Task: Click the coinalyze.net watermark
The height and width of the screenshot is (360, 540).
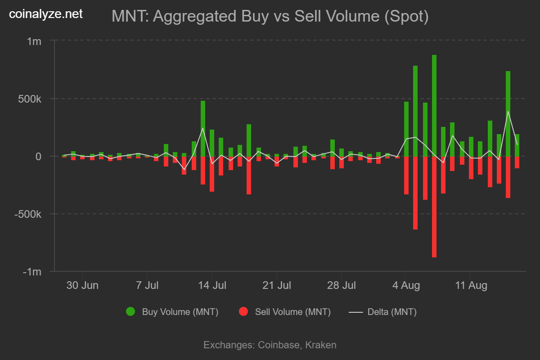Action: pyautogui.click(x=46, y=14)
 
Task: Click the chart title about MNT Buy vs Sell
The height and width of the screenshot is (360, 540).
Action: pyautogui.click(x=270, y=17)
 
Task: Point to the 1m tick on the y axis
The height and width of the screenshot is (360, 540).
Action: pyautogui.click(x=34, y=41)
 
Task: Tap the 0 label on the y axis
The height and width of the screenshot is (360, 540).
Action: pyautogui.click(x=39, y=157)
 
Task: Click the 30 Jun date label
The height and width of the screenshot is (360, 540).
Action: pyautogui.click(x=82, y=285)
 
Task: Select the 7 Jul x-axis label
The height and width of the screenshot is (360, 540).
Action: pyautogui.click(x=147, y=285)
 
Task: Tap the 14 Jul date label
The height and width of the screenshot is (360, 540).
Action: pyautogui.click(x=212, y=285)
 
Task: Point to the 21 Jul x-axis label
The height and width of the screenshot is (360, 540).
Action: pyautogui.click(x=277, y=285)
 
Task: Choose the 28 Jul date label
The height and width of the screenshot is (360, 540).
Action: pyautogui.click(x=341, y=285)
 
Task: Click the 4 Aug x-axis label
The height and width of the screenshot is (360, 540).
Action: pyautogui.click(x=406, y=285)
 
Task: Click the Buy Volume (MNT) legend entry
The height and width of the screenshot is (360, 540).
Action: pyautogui.click(x=173, y=312)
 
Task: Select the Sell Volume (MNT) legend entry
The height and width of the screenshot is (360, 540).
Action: pyautogui.click(x=285, y=312)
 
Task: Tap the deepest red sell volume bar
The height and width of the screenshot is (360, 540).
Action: pyautogui.click(x=434, y=207)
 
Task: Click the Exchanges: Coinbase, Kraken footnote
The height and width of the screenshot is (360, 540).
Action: pyautogui.click(x=270, y=345)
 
